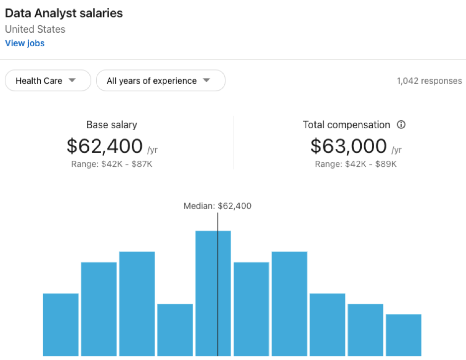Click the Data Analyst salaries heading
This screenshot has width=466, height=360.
click(x=64, y=13)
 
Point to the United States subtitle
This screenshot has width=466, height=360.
click(x=35, y=29)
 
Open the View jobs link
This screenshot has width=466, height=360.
click(x=25, y=43)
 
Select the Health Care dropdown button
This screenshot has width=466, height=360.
click(x=48, y=80)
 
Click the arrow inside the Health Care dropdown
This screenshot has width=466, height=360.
click(x=72, y=80)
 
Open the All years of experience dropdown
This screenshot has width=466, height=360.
click(x=160, y=80)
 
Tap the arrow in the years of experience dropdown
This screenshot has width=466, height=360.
click(x=206, y=80)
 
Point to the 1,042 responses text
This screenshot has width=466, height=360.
click(x=429, y=81)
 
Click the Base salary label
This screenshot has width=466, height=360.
click(x=112, y=125)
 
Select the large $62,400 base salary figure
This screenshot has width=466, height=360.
click(x=105, y=146)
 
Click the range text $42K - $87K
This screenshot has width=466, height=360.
click(x=112, y=164)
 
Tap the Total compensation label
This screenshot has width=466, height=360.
click(x=346, y=125)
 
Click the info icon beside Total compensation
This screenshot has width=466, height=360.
click(x=401, y=125)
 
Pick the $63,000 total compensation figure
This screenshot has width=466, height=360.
click(x=348, y=146)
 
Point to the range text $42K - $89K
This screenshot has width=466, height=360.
click(x=356, y=164)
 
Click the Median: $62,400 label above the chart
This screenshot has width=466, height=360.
click(x=217, y=206)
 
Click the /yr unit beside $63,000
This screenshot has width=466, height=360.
click(x=397, y=149)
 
